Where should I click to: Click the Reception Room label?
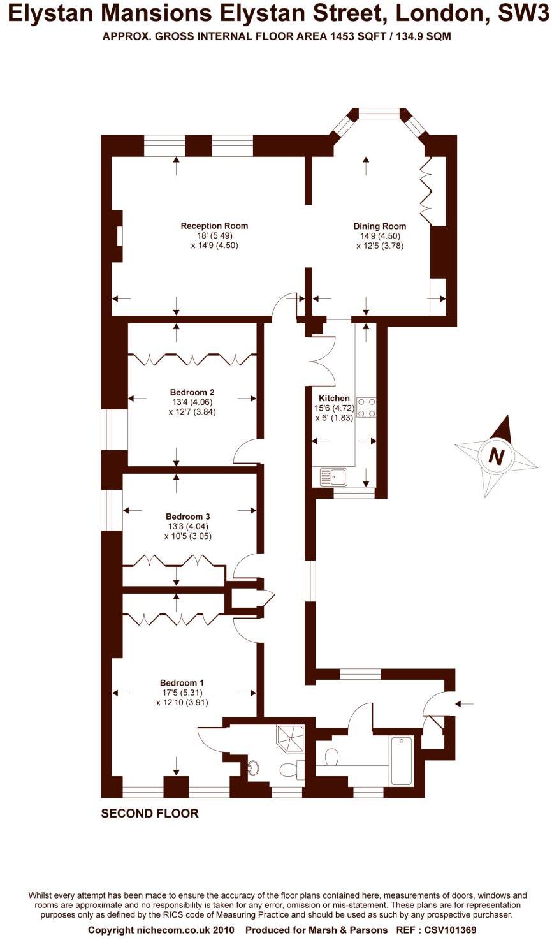pos(214,226)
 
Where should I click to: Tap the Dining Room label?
pos(379,226)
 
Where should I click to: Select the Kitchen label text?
pos(334,398)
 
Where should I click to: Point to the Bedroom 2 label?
pos(192,392)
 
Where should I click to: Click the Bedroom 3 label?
pos(187,517)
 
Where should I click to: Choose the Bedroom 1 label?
pos(182,683)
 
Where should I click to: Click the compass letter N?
pos(496,457)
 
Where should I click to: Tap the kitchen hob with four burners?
pos(367,408)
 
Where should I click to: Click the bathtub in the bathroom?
pos(402,761)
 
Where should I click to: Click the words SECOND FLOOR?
pos(150,814)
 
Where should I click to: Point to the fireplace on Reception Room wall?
pos(119,236)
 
